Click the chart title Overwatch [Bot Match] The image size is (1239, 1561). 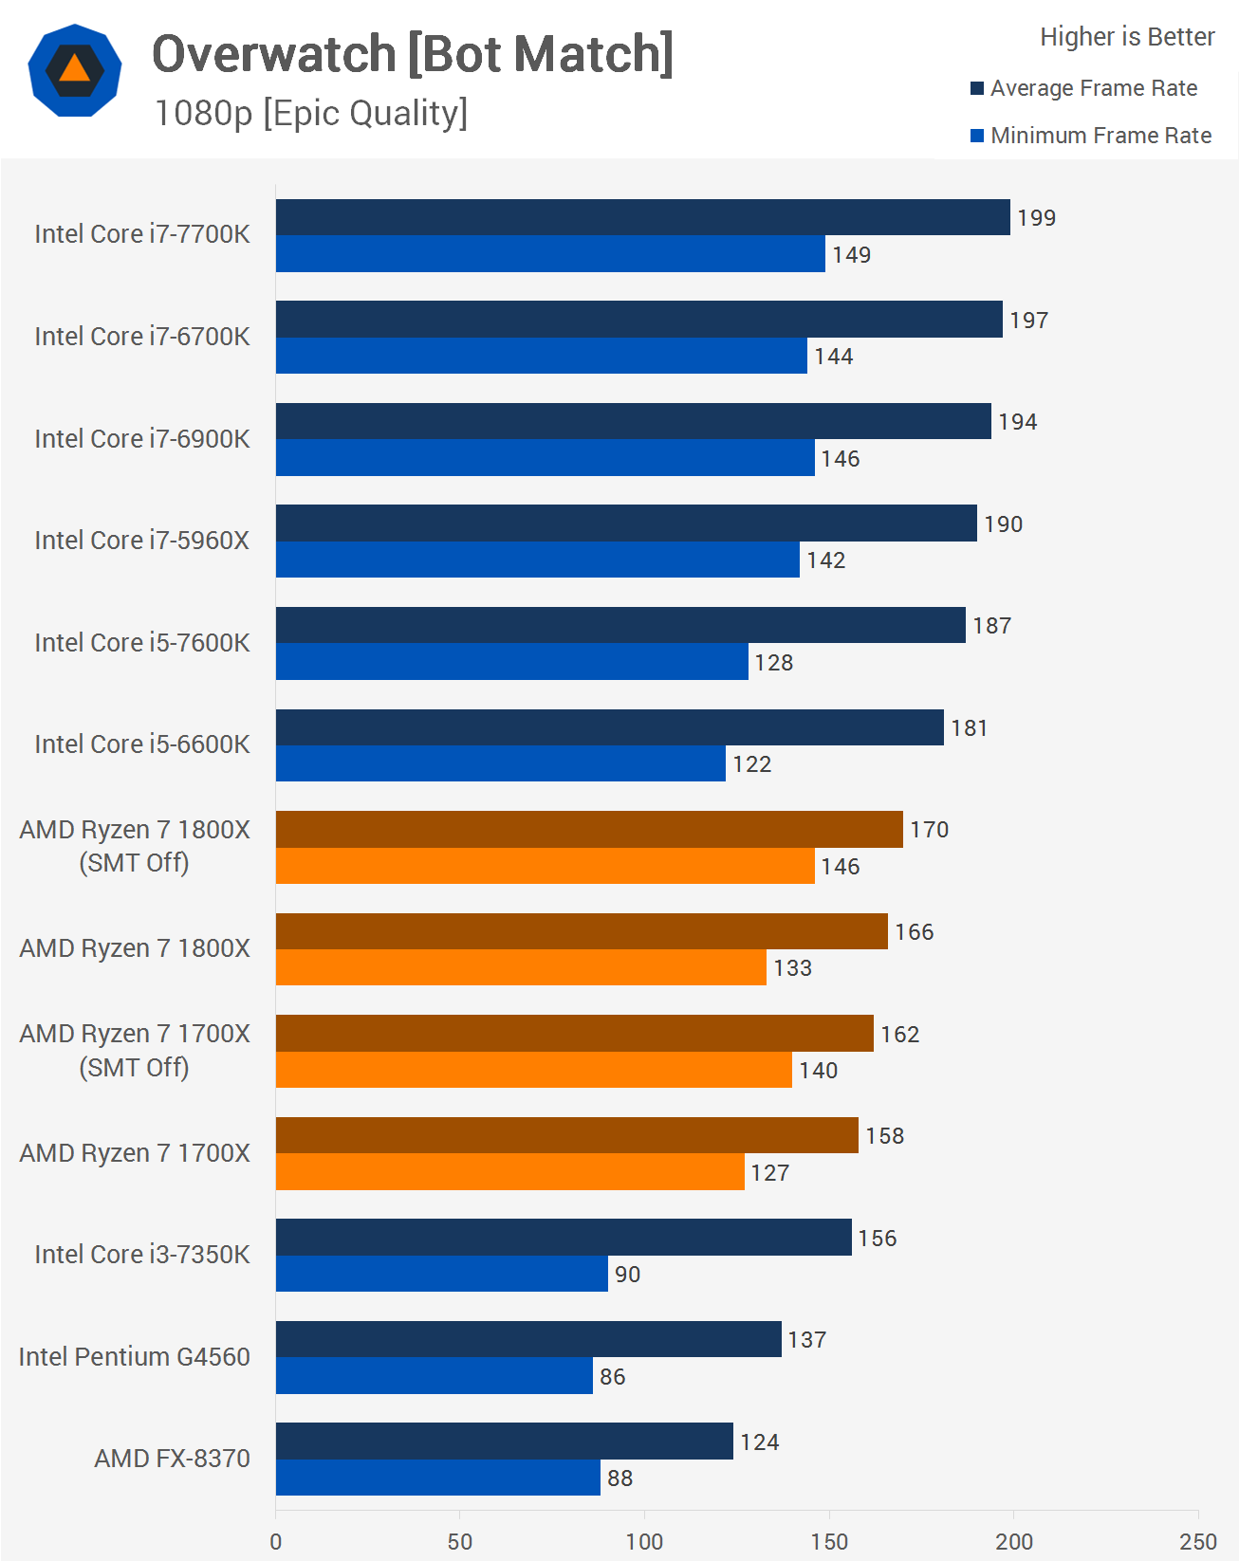pos(413,54)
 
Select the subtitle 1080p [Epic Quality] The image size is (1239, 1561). pos(310,113)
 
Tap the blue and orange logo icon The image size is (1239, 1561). pos(75,70)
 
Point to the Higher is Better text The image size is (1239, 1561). pos(1126,37)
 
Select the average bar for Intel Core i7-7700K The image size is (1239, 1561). pos(642,217)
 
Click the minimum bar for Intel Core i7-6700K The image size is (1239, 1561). pos(541,356)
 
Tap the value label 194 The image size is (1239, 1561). pos(1017,422)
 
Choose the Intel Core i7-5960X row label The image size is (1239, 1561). pos(141,541)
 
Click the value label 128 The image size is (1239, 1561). pos(774,663)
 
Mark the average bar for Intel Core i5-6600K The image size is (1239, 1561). pos(609,727)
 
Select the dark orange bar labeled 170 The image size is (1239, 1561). pos(588,830)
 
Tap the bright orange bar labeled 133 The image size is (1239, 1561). pos(521,967)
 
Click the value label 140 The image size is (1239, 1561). pos(818,1071)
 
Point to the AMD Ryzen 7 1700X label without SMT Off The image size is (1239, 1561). pos(135,1153)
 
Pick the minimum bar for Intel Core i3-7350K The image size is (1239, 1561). pos(441,1274)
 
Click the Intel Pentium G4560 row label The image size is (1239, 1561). pos(134,1357)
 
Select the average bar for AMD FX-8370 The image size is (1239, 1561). pos(504,1442)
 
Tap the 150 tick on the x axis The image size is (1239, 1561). pos(829,1541)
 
